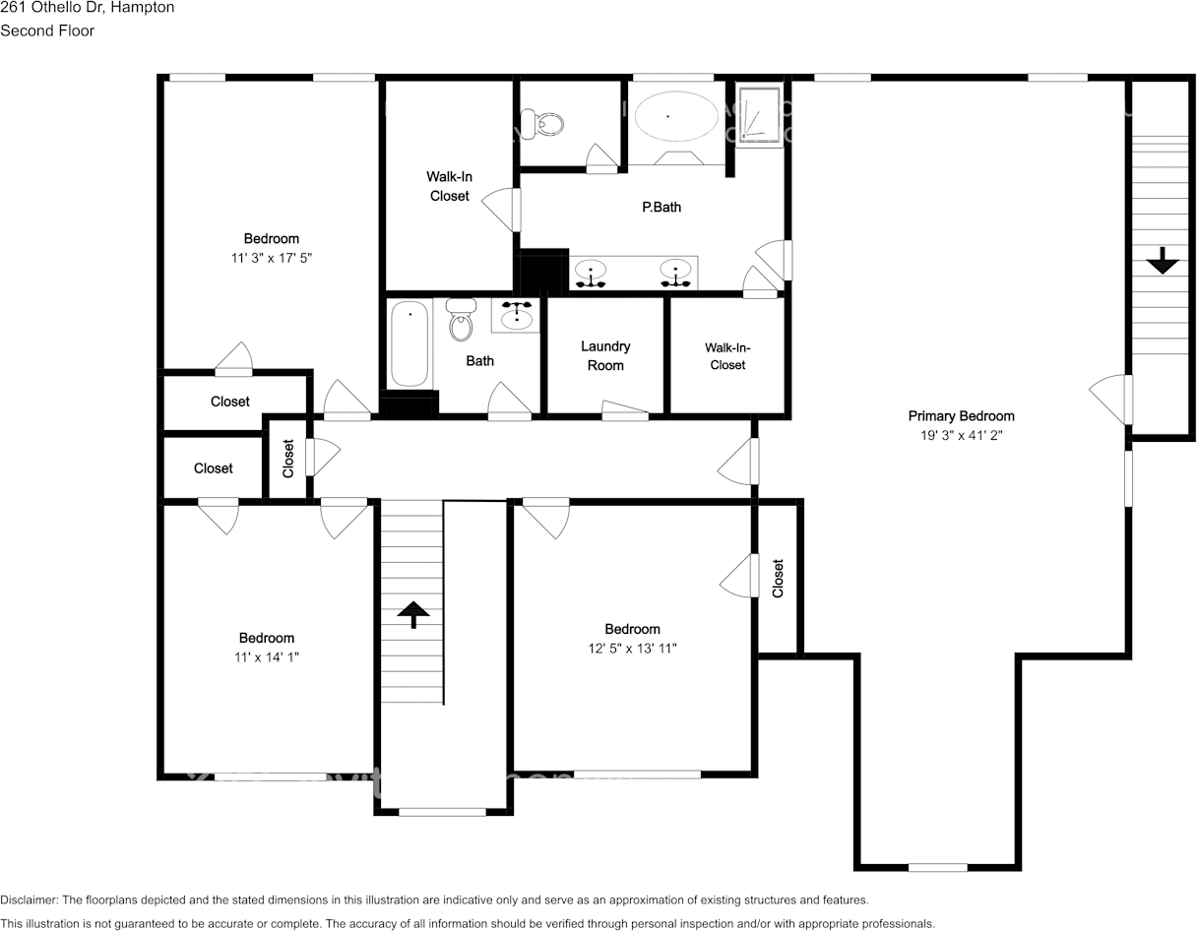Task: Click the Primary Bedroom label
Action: click(961, 415)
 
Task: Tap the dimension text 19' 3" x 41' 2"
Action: click(960, 434)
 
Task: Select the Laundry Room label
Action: click(605, 355)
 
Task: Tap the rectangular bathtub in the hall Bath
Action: click(409, 344)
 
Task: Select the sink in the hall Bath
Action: click(516, 317)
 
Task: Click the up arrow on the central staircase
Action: click(413, 614)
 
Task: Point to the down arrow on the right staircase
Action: click(1163, 261)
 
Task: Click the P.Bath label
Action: click(661, 207)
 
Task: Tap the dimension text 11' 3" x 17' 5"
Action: click(272, 258)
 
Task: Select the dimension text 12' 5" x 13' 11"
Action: click(632, 648)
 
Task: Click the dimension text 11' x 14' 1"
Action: click(266, 656)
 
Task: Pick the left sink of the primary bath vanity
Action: click(591, 273)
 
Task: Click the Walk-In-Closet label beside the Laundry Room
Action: click(727, 355)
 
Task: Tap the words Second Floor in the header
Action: click(47, 31)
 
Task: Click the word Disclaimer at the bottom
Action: click(29, 900)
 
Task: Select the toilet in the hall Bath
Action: click(460, 320)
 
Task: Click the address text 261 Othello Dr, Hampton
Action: click(88, 7)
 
